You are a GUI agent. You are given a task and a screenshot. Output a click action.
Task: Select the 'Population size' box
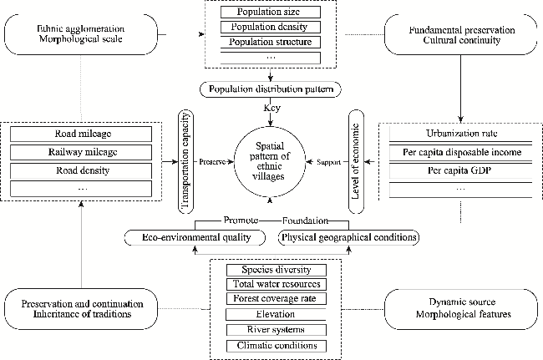coord(270,13)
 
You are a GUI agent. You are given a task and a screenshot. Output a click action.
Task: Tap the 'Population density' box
coord(270,28)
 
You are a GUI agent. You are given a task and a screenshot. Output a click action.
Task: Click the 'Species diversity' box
coord(277,269)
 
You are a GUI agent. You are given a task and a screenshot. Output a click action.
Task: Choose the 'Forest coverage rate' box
coord(277,298)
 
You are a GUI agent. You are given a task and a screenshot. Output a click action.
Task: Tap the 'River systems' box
coord(277,329)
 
